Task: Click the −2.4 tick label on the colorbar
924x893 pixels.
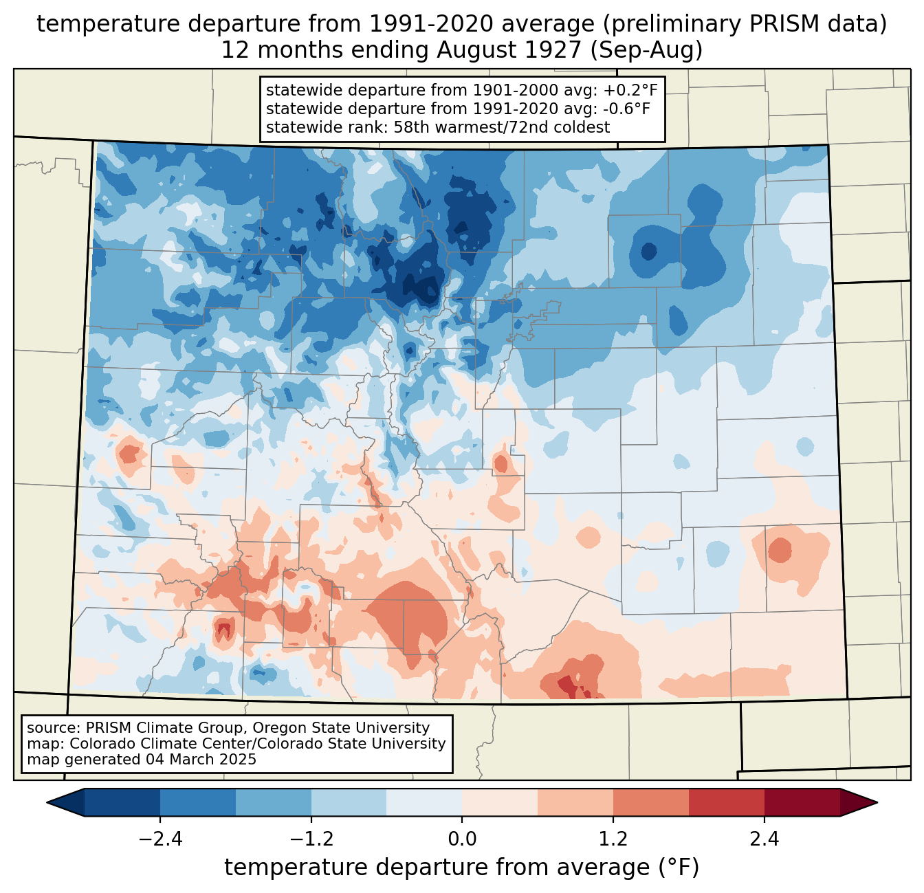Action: coord(159,839)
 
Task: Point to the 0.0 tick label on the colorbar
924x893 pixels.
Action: coord(462,839)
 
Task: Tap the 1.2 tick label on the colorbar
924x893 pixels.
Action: coord(613,839)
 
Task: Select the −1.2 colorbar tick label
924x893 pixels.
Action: coord(311,839)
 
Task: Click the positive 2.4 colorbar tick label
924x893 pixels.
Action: coord(764,839)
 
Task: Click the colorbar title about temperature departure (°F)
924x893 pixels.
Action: coord(462,868)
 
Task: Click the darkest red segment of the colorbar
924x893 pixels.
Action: coord(802,802)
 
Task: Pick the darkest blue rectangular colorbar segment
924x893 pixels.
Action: coord(122,802)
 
